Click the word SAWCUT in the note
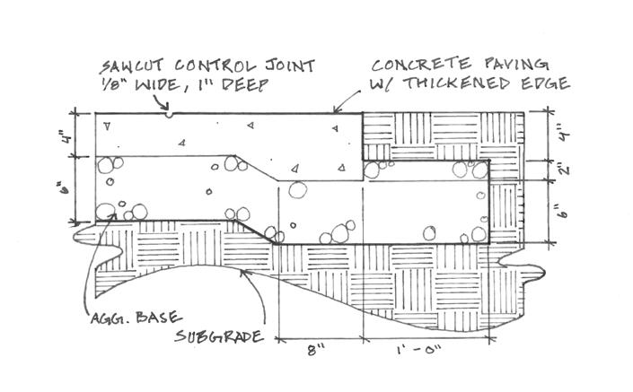pos(132,66)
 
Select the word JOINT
pos(290,65)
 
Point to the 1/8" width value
pos(112,84)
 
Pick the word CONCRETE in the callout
pos(421,65)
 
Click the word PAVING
pos(516,64)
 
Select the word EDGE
pos(545,83)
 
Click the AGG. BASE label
pos(136,318)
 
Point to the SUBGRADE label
pos(219,336)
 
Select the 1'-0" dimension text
pos(418,349)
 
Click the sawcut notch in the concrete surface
pos(170,116)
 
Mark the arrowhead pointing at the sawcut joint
pos(165,107)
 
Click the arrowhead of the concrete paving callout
pos(336,109)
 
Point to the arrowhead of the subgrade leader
pos(244,272)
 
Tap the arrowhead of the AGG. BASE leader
pos(113,217)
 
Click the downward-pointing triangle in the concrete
pos(107,126)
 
